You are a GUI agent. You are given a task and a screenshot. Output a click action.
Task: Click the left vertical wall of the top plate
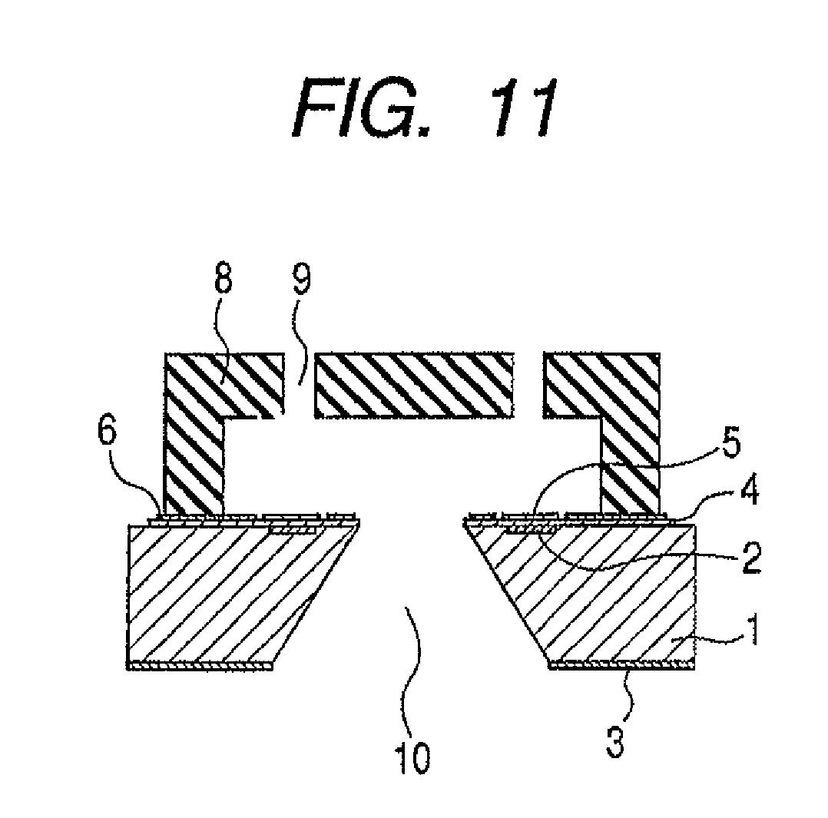(x=194, y=461)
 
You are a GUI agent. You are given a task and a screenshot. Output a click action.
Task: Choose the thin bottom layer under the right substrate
(x=622, y=666)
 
